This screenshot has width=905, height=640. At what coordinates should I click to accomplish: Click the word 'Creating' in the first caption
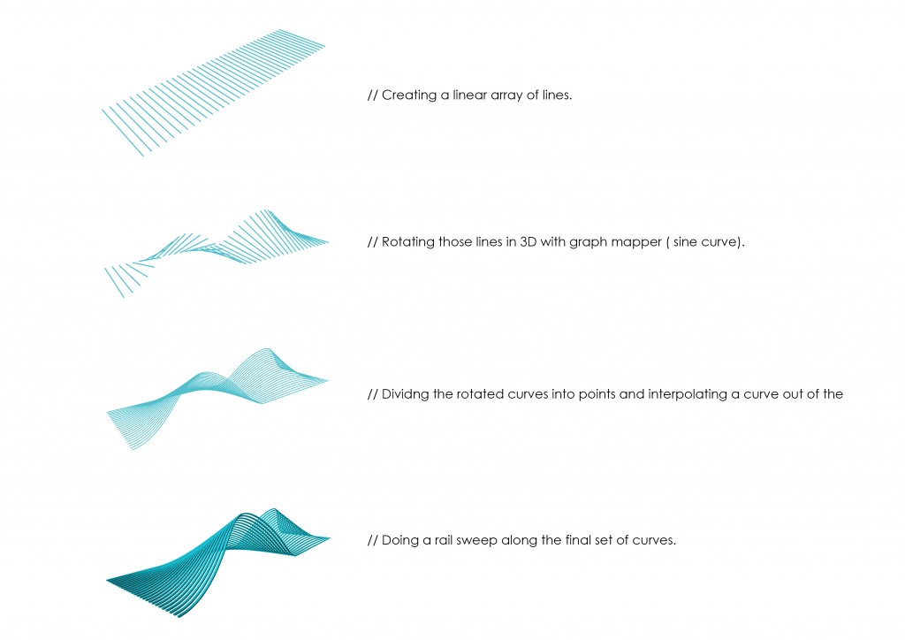click(x=408, y=95)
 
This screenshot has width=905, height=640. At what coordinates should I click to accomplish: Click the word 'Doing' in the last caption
click(x=399, y=540)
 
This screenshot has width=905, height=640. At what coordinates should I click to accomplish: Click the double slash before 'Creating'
click(x=372, y=95)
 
